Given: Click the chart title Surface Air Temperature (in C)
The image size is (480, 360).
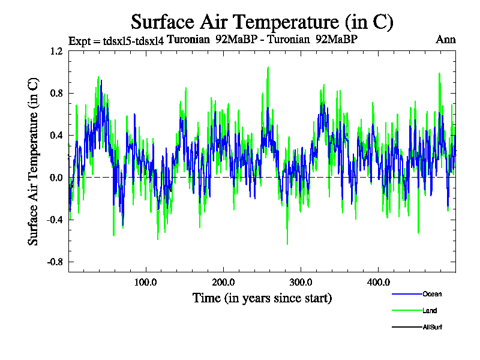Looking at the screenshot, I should (262, 22).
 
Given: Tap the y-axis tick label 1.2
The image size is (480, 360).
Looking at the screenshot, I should (56, 52).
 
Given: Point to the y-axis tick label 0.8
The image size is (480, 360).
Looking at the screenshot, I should (56, 94).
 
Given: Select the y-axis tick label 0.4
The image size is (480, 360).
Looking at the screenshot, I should (56, 136).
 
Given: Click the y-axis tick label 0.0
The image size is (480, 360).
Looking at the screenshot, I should (56, 178).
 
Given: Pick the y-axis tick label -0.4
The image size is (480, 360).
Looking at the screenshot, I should (55, 220).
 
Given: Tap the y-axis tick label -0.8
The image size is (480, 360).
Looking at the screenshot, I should (55, 262).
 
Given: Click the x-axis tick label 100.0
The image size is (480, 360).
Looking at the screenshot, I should (146, 282).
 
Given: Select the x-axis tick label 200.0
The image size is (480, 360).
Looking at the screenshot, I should (223, 282).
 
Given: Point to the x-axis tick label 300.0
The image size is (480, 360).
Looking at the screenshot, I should (301, 282).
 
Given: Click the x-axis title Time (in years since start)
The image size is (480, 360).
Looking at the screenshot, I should (262, 298).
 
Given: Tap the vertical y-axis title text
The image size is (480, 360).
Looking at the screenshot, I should (34, 161).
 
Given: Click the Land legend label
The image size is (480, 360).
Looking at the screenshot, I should (430, 311).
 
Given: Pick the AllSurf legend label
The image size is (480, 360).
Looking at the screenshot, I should (433, 328).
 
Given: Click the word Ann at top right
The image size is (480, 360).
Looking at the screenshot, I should (446, 40).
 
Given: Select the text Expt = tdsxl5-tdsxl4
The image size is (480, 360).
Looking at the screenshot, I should (116, 41).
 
